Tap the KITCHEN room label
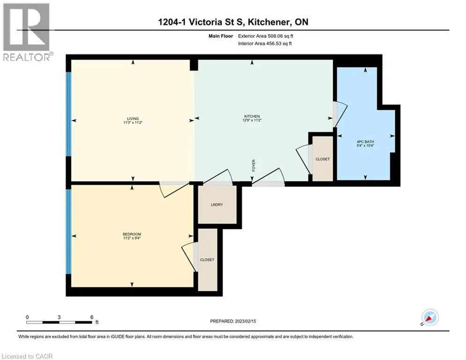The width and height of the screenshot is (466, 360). [251, 116]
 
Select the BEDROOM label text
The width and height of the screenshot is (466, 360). [132, 234]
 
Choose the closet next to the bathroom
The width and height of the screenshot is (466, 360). [322, 159]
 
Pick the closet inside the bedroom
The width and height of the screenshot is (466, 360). [207, 259]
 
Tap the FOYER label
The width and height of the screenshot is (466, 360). [253, 165]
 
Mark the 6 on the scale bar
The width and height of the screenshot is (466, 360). [91, 317]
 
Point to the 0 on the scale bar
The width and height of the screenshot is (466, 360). [28, 317]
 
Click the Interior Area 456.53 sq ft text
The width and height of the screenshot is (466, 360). [271, 44]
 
